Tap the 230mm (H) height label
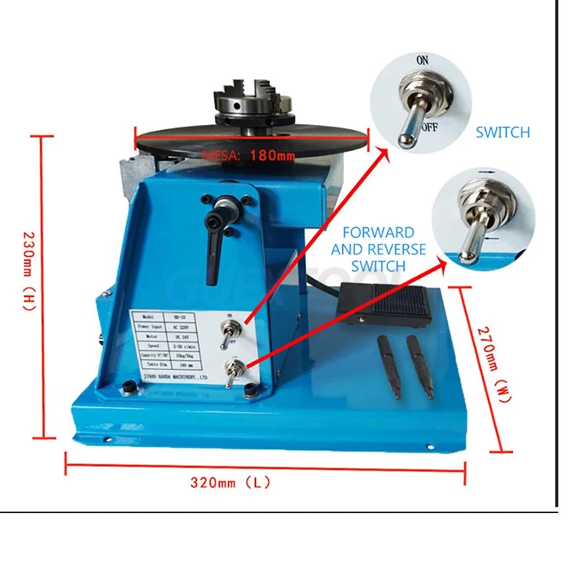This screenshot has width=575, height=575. tap(28, 270)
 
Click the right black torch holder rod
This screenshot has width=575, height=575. tap(420, 366)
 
